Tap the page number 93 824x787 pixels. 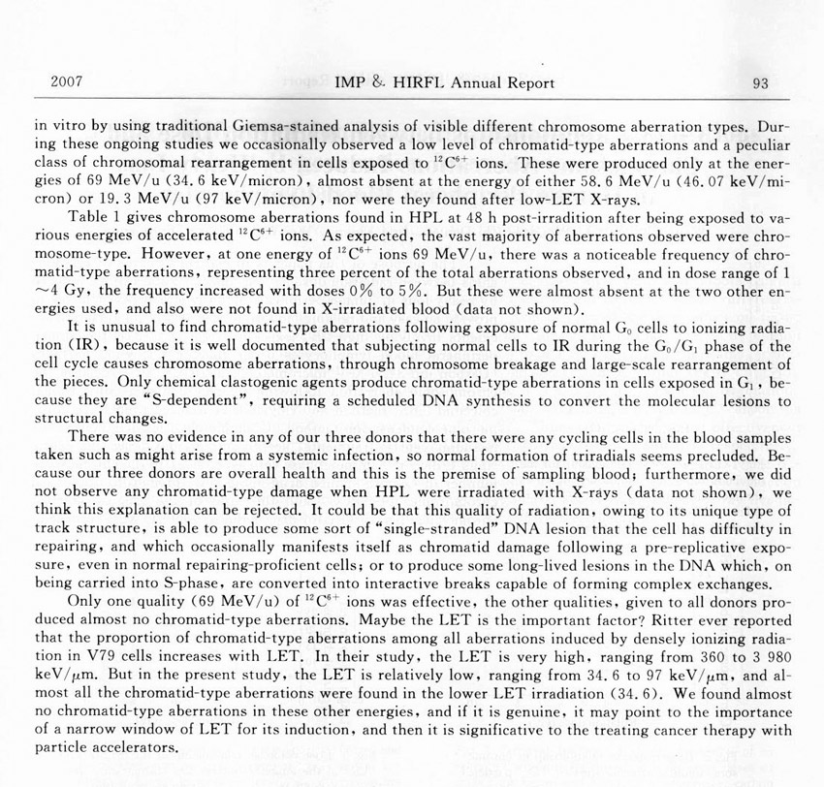tap(760, 83)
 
